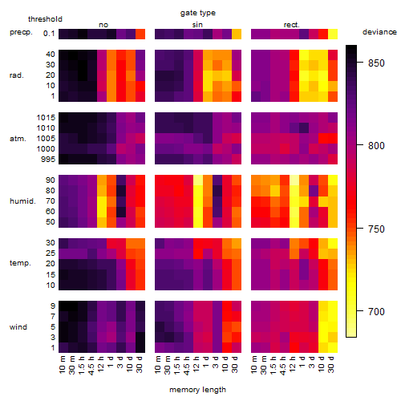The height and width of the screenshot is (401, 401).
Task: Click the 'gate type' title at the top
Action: (x=198, y=13)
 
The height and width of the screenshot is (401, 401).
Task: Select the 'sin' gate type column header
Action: (x=197, y=25)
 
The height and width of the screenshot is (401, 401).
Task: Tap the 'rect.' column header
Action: (x=291, y=25)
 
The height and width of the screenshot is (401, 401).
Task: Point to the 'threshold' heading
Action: (x=45, y=19)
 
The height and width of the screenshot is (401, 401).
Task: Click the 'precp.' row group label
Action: (x=21, y=32)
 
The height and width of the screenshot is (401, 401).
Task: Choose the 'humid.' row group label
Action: (x=22, y=200)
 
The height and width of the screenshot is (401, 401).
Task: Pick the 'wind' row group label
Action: (x=18, y=326)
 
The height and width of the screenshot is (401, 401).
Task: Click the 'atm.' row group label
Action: (x=18, y=139)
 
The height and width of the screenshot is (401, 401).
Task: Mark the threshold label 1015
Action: (x=46, y=117)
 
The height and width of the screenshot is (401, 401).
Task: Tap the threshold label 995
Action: (x=48, y=159)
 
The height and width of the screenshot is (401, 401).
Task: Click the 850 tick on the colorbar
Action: (x=376, y=63)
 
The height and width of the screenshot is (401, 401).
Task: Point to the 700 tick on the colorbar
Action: (x=376, y=311)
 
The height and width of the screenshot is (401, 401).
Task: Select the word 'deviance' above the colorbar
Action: (x=379, y=32)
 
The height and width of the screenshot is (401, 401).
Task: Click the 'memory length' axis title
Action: (x=197, y=390)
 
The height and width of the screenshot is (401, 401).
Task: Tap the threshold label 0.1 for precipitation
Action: (x=49, y=34)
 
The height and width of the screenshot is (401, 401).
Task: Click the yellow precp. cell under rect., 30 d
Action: (x=333, y=34)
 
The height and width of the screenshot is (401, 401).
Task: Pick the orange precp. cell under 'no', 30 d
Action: (x=140, y=34)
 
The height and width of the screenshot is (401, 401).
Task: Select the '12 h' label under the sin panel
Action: (x=196, y=364)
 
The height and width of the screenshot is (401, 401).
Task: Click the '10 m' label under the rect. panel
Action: (x=254, y=365)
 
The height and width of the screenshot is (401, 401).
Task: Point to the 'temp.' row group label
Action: (x=20, y=263)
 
